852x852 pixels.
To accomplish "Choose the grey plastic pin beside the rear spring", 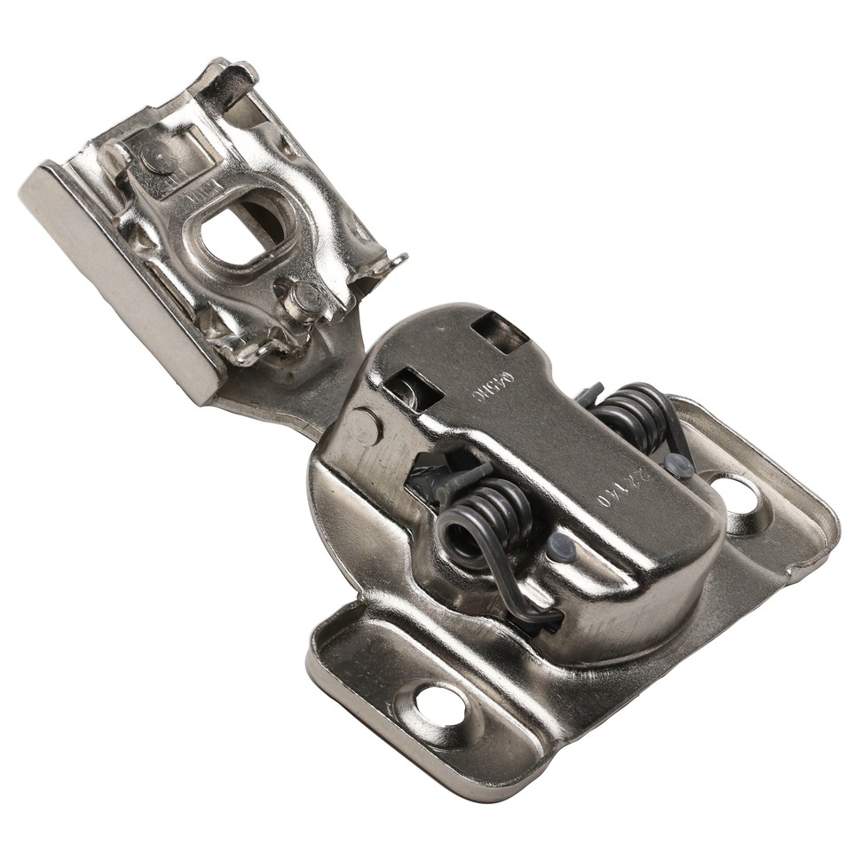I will (x=680, y=465).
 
